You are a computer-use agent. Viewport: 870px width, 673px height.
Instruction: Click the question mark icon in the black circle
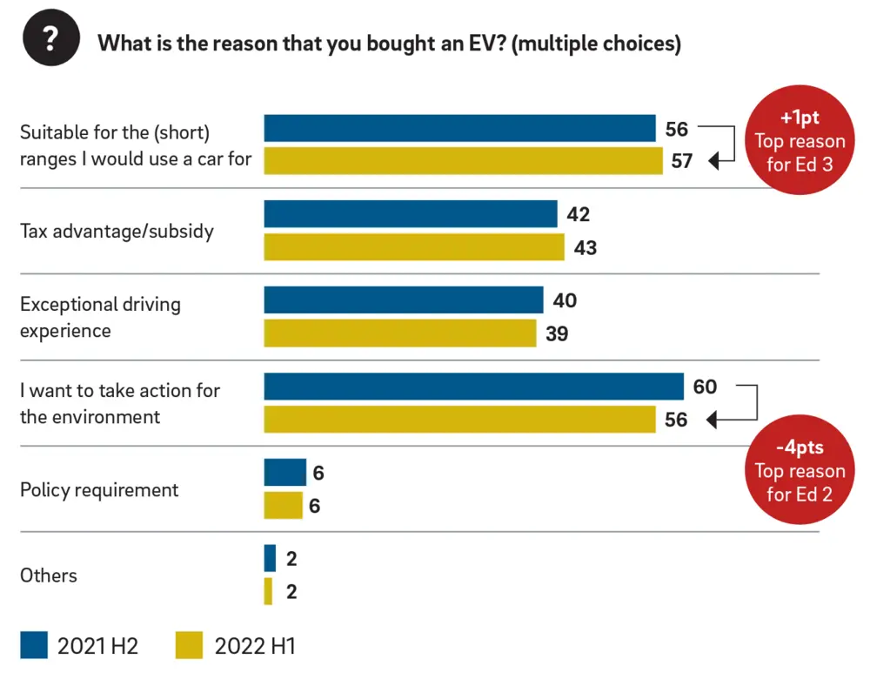[x=51, y=41]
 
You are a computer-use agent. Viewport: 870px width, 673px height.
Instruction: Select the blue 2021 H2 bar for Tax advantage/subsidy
[x=410, y=214]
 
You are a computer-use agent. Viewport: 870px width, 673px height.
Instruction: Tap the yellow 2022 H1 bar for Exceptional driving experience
[x=399, y=333]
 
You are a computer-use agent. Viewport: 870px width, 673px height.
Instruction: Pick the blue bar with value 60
[x=473, y=387]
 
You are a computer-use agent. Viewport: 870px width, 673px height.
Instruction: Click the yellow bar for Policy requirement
[x=283, y=505]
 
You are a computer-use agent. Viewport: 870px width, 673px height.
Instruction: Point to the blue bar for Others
[x=270, y=558]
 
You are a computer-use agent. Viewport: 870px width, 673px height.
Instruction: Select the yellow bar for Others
[x=268, y=591]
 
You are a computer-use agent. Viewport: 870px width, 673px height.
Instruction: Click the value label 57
[x=681, y=161]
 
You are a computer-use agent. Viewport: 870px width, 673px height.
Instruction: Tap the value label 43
[x=585, y=248]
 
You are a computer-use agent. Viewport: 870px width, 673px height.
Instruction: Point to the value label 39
[x=557, y=333]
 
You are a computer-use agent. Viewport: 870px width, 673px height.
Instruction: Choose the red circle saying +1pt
[x=799, y=140]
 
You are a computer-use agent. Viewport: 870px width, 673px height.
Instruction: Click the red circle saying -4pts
[x=799, y=471]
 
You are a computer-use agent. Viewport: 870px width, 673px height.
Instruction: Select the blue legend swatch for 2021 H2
[x=34, y=645]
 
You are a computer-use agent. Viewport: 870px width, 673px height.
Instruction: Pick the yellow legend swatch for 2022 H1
[x=189, y=645]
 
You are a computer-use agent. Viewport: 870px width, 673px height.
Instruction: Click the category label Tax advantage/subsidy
[x=117, y=232]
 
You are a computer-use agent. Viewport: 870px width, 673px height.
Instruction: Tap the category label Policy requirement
[x=99, y=489]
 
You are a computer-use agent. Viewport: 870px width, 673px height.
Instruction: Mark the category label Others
[x=49, y=575]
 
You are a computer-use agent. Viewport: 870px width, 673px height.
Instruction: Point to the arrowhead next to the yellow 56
[x=712, y=421]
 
